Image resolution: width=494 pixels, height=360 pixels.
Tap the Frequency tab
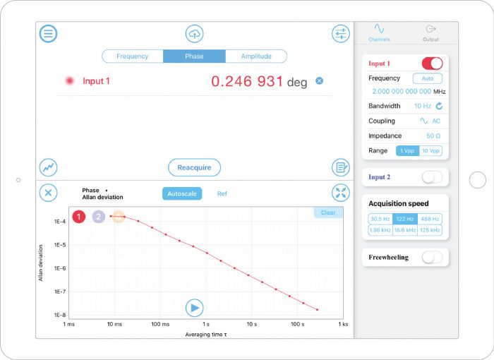[x=133, y=56]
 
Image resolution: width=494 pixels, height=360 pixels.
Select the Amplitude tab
[x=256, y=56]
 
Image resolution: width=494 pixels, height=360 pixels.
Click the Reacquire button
[x=194, y=167]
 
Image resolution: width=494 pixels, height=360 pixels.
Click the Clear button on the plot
[x=328, y=212]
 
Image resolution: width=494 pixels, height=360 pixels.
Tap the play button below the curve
[x=194, y=308]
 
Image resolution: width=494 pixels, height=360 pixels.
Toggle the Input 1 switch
[x=432, y=64]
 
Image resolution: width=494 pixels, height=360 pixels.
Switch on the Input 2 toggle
[x=432, y=177]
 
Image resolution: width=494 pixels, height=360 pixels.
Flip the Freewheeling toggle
[x=432, y=257]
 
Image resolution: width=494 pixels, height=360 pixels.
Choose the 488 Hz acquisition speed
[x=430, y=219]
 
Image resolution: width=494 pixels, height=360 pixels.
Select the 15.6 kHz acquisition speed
[x=405, y=230]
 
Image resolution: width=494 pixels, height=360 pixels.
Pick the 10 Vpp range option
[x=430, y=150]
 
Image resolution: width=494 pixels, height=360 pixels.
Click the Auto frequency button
[x=428, y=78]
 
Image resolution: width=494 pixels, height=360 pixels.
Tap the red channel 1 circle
[x=79, y=217]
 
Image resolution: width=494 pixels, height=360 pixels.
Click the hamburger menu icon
[x=48, y=34]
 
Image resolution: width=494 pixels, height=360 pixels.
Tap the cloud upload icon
[x=194, y=34]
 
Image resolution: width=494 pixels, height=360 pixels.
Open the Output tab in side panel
[x=430, y=32]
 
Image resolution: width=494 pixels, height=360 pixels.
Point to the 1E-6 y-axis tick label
[x=59, y=268]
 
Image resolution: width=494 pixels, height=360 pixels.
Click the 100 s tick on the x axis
[x=297, y=325]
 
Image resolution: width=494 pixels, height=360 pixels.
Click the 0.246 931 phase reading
[x=247, y=82]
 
